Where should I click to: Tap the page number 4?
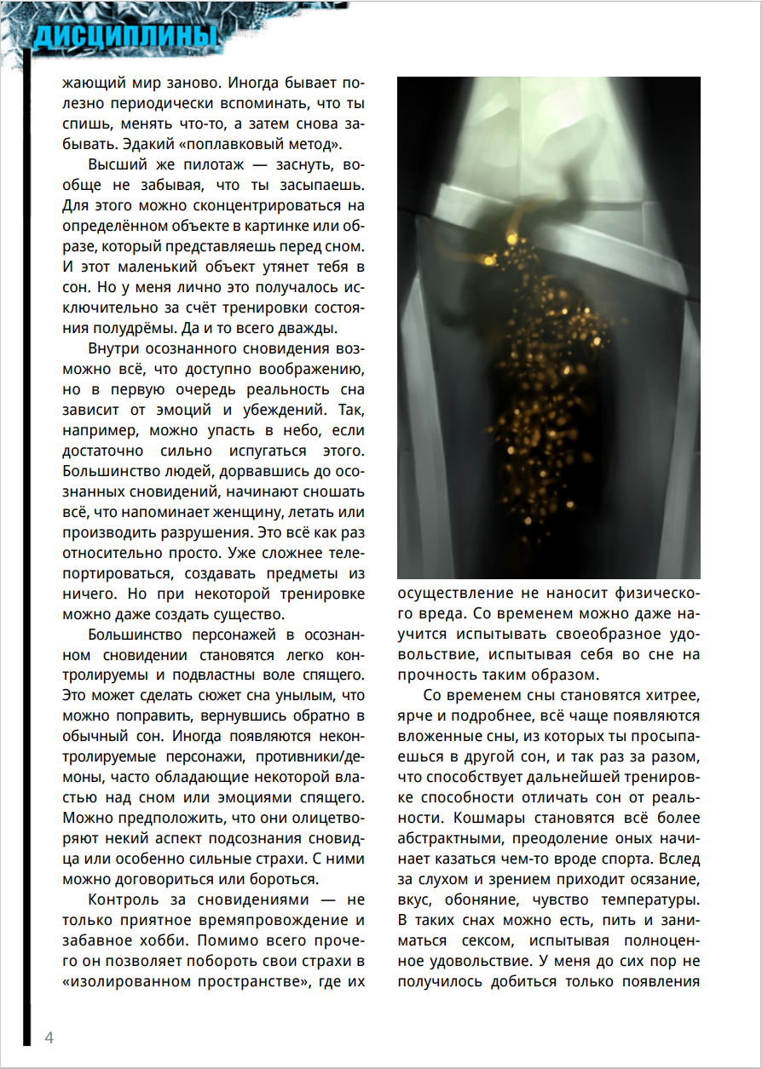point(49,1037)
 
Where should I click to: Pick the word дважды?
point(310,328)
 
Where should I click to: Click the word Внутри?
point(116,349)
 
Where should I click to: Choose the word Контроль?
point(124,900)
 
